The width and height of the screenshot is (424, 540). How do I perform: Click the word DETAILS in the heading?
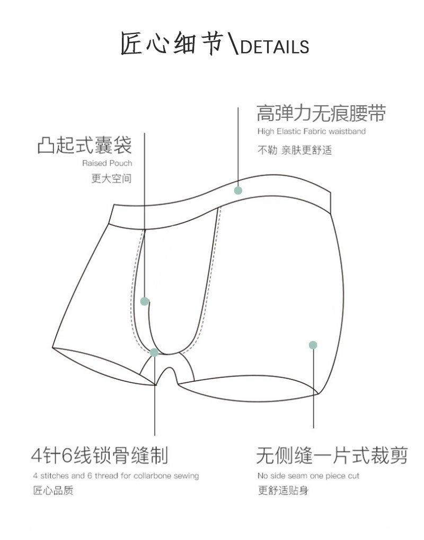pos(274,47)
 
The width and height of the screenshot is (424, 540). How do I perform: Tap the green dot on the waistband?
pos(238,190)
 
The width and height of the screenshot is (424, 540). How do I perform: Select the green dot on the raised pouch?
pos(144,301)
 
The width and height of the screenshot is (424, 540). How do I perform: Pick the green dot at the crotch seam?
pos(154,352)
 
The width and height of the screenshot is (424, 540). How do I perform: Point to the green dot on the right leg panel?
pos(313,345)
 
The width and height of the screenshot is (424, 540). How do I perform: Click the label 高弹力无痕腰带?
pos(321,113)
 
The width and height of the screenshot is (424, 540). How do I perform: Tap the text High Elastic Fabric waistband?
pos(312,131)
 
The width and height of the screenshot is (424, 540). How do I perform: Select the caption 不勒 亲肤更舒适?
pos(295,150)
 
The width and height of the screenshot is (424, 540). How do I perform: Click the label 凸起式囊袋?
pos(84,144)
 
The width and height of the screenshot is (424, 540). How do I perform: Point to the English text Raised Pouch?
pos(107,163)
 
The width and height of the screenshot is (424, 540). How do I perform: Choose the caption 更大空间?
pos(111,178)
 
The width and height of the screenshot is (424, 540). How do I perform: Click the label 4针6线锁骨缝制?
pos(100,456)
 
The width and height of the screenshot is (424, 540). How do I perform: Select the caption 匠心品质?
pos(53,490)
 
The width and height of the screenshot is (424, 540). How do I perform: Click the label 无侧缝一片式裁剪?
pos(332,456)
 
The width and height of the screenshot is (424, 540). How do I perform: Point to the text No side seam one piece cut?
pos(308,476)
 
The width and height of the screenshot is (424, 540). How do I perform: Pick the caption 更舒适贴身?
pos(282,490)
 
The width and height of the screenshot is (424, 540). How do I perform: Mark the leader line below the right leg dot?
pos(313,393)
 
